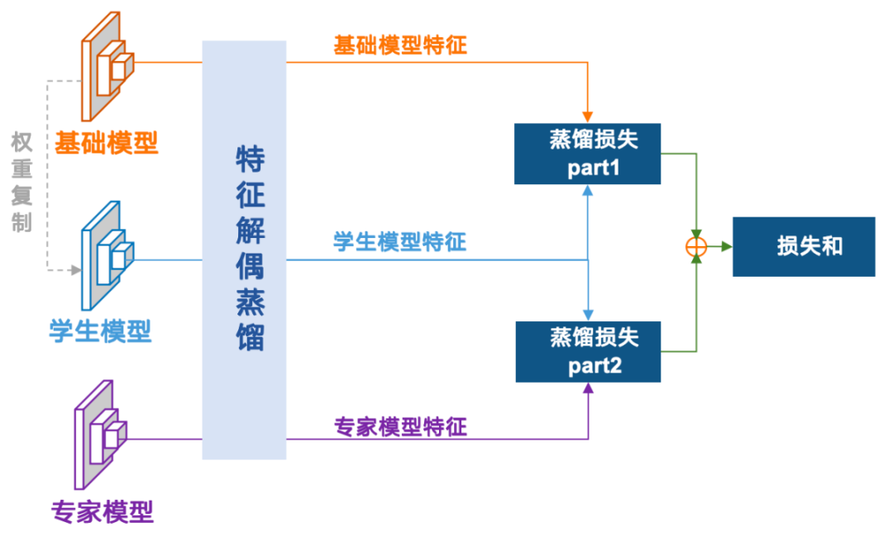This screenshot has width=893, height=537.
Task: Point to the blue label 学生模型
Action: [100, 331]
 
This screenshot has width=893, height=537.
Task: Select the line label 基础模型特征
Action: [400, 45]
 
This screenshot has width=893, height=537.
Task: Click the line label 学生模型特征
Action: [400, 242]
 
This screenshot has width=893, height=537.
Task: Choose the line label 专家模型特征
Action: [400, 427]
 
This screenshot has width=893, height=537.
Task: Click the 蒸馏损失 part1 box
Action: [587, 154]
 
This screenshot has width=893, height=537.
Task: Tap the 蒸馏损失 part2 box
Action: [587, 351]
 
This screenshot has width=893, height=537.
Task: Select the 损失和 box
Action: [804, 246]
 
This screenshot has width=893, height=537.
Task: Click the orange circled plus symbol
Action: [697, 246]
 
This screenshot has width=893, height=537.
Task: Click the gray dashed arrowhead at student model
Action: [77, 270]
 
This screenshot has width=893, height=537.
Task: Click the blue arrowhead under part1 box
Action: [588, 190]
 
